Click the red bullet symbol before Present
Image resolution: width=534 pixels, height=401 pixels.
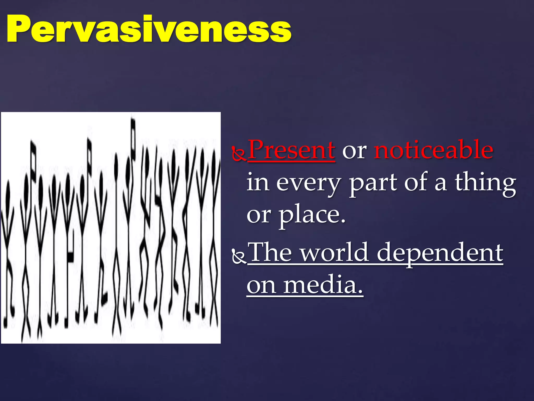(x=239, y=154)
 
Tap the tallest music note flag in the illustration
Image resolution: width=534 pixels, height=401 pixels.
(x=133, y=138)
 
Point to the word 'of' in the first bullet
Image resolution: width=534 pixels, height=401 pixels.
(x=415, y=182)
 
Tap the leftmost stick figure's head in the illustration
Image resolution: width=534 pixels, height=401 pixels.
(x=8, y=193)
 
